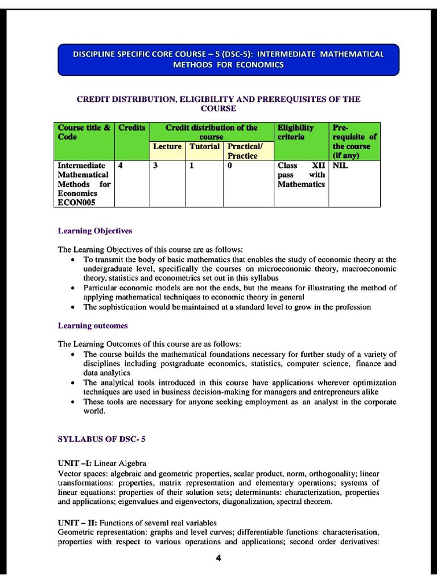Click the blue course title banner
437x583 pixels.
point(228,59)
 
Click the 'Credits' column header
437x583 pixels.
point(131,128)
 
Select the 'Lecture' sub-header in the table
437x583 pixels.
point(167,146)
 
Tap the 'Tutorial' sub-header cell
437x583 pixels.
point(204,146)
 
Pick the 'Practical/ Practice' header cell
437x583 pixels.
point(242,151)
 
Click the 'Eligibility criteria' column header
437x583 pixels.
point(295,132)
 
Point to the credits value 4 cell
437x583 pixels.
point(121,166)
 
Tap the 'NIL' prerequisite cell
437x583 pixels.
point(340,166)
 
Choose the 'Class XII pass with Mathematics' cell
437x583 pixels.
point(301,175)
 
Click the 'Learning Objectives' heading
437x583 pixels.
point(95,231)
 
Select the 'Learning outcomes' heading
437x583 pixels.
point(93,326)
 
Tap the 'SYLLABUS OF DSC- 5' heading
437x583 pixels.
point(102,440)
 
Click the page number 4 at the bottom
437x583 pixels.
point(218,558)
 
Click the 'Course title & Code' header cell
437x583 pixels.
point(84,132)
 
